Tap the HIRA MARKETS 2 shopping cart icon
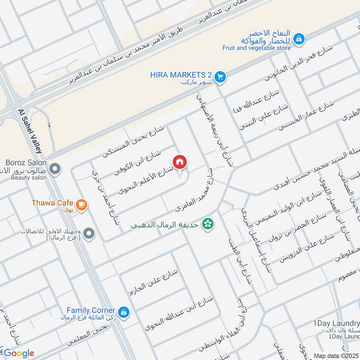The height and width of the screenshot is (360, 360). tap(220, 77)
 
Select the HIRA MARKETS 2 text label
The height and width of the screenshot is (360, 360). tap(181, 75)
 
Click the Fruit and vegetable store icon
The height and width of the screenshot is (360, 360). tap(298, 40)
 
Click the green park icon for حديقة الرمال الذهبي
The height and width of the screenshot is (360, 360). tap(207, 223)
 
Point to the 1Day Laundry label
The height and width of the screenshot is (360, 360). tap(336, 324)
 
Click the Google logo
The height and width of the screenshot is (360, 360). tap(18, 353)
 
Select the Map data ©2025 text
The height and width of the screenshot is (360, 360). tap(335, 355)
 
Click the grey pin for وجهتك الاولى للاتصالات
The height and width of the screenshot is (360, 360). tap(89, 233)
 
